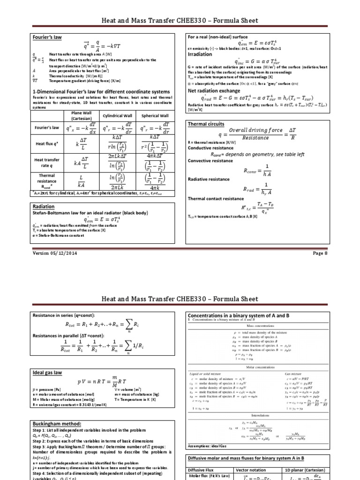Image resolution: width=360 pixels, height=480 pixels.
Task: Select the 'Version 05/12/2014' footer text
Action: point(54,253)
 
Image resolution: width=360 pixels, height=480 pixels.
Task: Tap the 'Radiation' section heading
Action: point(44,206)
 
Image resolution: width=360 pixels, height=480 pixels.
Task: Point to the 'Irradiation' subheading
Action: point(201,54)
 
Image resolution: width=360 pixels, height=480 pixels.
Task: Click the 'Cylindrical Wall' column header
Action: point(119,115)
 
